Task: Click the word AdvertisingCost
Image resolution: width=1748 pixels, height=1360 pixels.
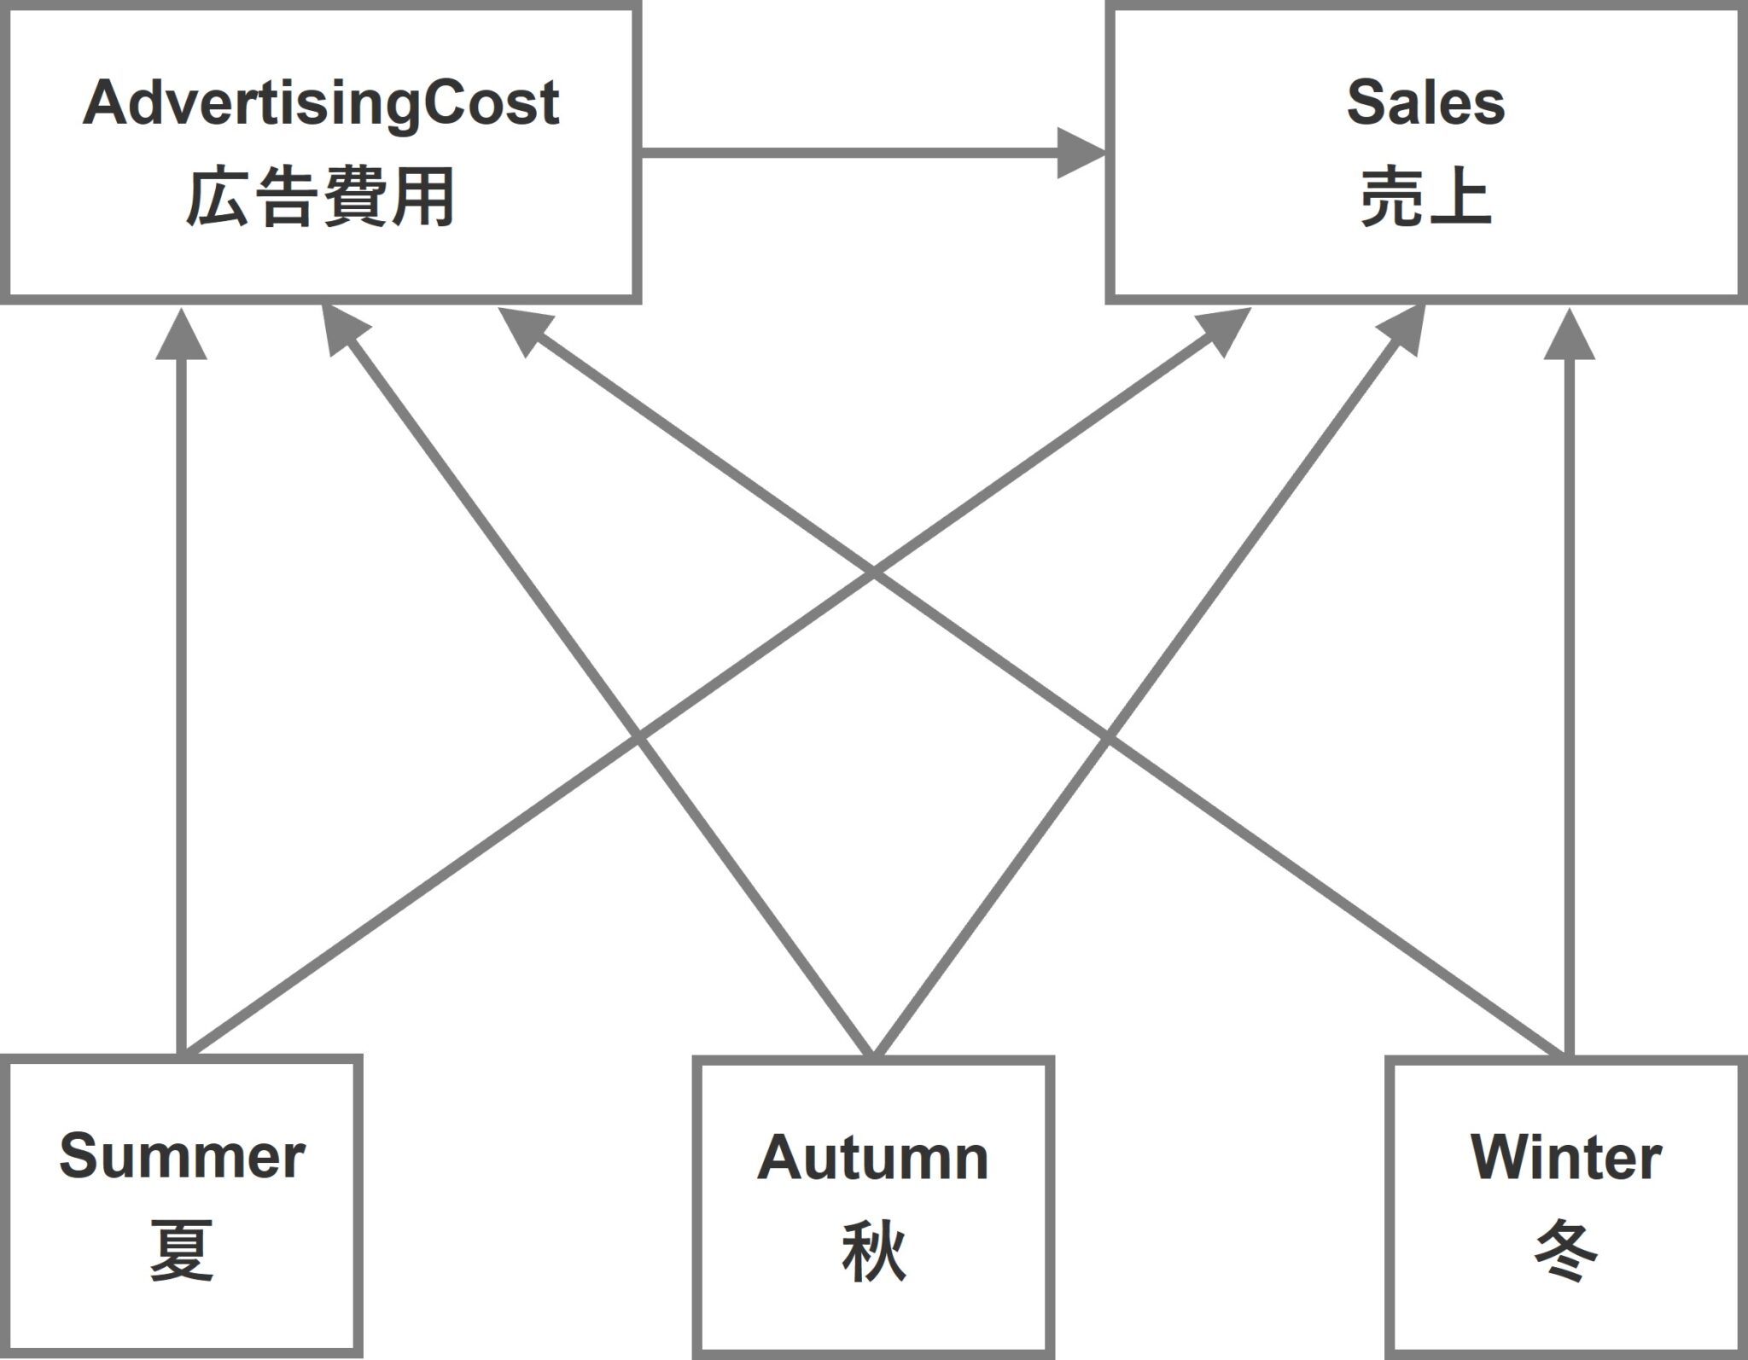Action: point(320,104)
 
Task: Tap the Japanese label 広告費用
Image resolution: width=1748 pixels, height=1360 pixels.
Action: point(320,198)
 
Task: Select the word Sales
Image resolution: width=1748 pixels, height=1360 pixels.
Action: point(1425,102)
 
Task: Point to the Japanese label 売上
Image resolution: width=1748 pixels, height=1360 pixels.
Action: point(1425,198)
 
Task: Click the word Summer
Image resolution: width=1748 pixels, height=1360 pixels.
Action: point(182,1156)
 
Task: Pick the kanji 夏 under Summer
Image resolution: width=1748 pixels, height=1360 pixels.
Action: point(182,1251)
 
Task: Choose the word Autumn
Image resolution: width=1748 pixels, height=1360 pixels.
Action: point(872,1158)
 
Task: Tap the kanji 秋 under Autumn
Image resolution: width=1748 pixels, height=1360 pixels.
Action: point(872,1252)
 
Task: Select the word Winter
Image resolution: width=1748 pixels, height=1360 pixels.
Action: point(1566,1158)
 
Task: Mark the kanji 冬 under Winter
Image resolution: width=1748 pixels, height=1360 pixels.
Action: point(1566,1252)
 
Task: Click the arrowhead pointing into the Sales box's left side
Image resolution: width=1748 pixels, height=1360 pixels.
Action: point(1080,154)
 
